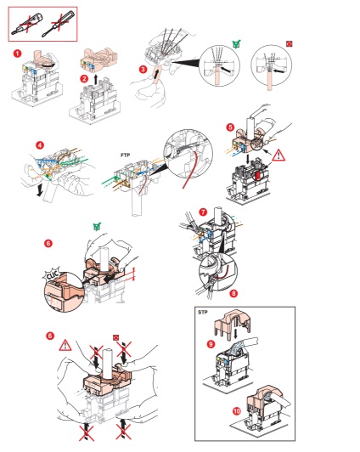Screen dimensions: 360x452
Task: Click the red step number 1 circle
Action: click(x=18, y=54)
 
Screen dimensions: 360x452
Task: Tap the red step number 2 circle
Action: click(x=84, y=78)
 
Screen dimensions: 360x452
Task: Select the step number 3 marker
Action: click(x=143, y=69)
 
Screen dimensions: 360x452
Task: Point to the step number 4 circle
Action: click(x=40, y=144)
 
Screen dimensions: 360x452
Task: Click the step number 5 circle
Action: click(x=230, y=127)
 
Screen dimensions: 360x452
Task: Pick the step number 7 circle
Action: click(x=203, y=212)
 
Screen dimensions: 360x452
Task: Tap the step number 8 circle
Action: click(x=233, y=293)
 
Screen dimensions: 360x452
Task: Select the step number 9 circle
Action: click(x=211, y=344)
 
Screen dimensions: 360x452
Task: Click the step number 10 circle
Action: click(x=237, y=410)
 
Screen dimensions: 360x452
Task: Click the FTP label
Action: click(x=126, y=155)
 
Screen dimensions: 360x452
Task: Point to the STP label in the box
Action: click(x=202, y=312)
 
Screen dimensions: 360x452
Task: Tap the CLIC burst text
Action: click(x=53, y=275)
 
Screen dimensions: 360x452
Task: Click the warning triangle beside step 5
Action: click(x=278, y=155)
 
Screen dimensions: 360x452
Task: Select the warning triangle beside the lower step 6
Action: click(x=65, y=345)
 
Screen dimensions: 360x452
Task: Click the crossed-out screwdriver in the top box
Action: click(x=59, y=24)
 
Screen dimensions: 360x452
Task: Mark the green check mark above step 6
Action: click(x=98, y=227)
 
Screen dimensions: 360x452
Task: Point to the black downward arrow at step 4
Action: click(x=40, y=190)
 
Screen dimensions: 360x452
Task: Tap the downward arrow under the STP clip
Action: click(x=236, y=334)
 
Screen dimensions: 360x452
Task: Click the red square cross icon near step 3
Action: click(x=290, y=44)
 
